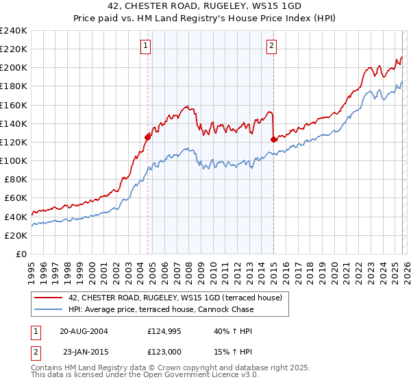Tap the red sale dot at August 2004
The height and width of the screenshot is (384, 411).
(x=147, y=137)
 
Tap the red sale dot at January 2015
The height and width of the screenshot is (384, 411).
(x=273, y=139)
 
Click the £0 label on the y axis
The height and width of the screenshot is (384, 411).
(x=21, y=254)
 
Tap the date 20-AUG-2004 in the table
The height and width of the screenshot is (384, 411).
(x=84, y=331)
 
